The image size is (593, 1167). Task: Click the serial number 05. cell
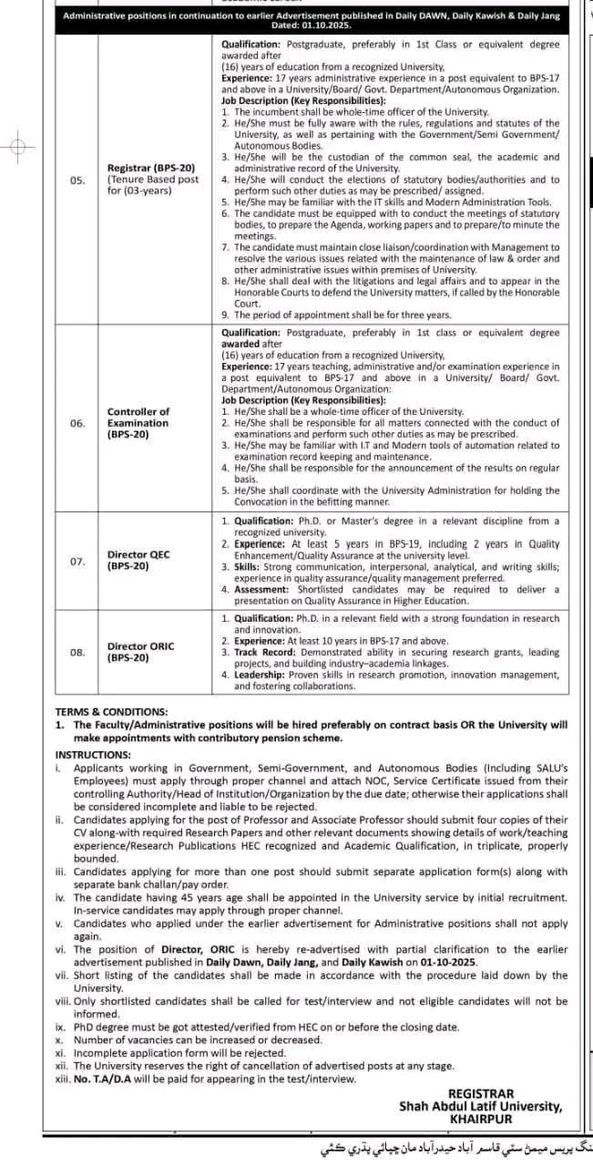[77, 181]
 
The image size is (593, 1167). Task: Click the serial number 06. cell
[77, 423]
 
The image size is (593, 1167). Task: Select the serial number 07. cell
[77, 561]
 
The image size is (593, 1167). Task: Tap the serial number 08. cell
[77, 652]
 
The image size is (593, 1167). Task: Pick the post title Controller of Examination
[138, 418]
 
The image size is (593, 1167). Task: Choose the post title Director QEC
[138, 554]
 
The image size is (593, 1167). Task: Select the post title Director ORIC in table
[140, 645]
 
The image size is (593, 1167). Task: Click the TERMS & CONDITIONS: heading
[111, 711]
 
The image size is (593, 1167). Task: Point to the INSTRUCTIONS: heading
[94, 755]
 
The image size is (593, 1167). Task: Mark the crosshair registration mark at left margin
[20, 146]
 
